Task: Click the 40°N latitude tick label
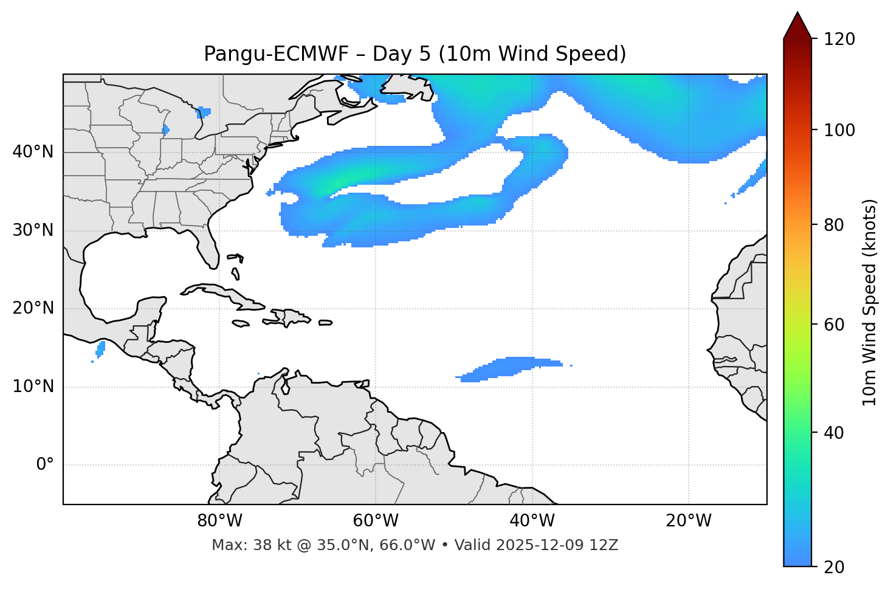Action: pos(33,152)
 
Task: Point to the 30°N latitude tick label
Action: pos(33,230)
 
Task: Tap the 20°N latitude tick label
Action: pos(33,308)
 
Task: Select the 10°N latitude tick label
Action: pos(33,387)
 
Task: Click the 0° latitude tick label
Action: pos(45,465)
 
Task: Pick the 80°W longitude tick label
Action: pos(219,521)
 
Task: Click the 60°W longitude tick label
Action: pos(376,521)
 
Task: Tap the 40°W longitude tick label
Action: pos(532,521)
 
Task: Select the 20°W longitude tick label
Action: pos(688,521)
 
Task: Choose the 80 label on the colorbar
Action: pos(838,225)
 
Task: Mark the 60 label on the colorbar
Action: pos(838,325)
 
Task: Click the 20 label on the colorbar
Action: pos(838,567)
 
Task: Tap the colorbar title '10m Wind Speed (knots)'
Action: pos(870,302)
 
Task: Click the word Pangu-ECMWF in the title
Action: pos(277,54)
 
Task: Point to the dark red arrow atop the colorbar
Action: pos(797,26)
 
